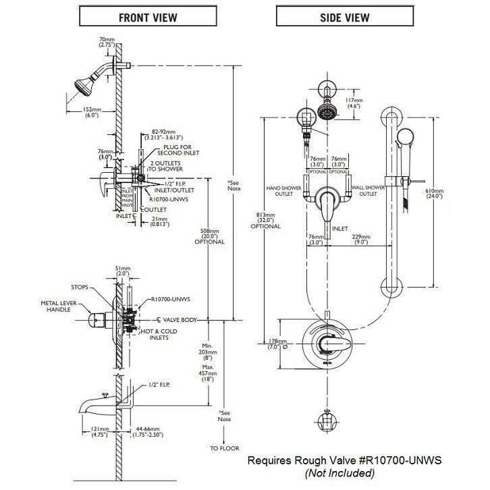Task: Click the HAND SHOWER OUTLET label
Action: [283, 191]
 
